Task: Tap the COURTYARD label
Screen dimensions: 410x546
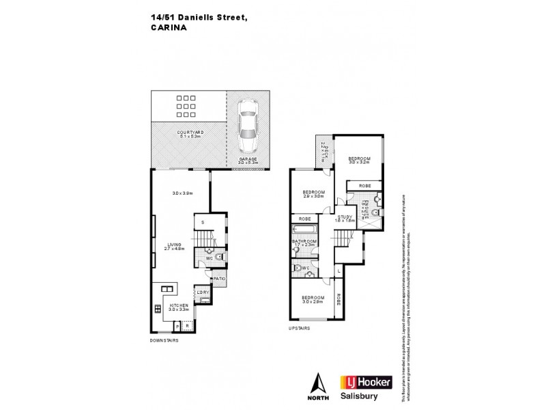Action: tap(190, 132)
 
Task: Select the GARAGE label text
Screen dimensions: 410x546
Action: tap(248, 159)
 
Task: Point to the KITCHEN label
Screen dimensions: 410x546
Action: tap(179, 305)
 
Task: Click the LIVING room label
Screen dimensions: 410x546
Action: tap(173, 244)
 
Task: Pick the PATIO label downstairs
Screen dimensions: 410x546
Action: tap(219, 279)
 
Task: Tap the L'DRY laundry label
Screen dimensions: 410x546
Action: tap(203, 293)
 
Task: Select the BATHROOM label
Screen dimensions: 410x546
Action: tap(304, 241)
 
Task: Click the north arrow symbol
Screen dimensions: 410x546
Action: tap(316, 385)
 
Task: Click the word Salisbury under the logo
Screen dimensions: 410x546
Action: tap(360, 396)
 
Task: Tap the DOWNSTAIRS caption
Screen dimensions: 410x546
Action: tap(164, 341)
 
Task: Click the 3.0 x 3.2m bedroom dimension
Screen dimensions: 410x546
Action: tap(359, 163)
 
